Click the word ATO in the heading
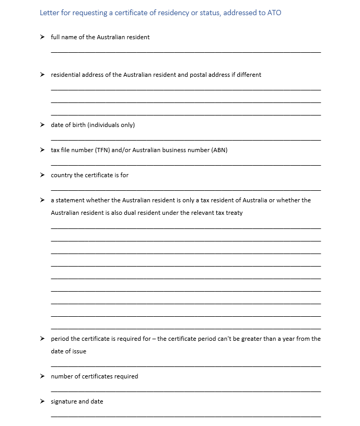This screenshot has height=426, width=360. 274,13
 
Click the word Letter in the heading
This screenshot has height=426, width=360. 50,13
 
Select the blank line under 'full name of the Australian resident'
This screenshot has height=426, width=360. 185,52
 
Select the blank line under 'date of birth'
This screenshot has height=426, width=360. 185,140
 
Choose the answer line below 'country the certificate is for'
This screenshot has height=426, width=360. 185,190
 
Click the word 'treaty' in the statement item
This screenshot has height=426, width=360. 234,213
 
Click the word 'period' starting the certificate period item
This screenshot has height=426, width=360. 60,339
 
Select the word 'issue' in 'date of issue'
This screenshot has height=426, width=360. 78,351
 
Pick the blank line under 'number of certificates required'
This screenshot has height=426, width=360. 185,392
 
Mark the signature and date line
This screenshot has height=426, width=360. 185,417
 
